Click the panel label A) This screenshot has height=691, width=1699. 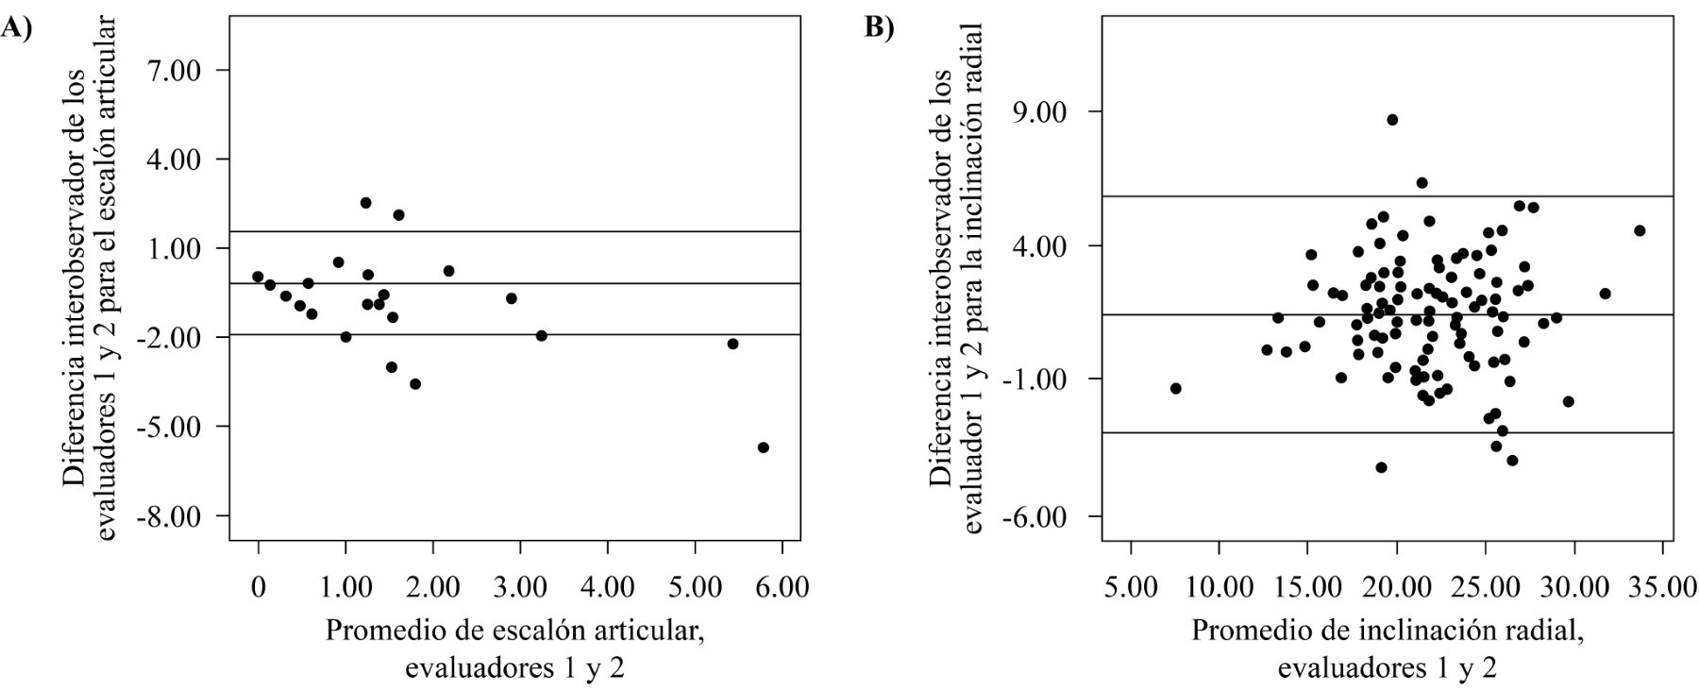(16, 28)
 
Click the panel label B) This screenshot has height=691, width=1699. (880, 28)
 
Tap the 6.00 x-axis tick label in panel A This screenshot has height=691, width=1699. (782, 586)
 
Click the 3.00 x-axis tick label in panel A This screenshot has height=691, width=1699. (520, 586)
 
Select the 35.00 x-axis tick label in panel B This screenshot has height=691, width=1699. (1663, 586)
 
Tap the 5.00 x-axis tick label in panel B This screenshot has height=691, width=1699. (1131, 586)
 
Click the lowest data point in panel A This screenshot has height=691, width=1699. (763, 447)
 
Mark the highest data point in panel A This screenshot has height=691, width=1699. (365, 203)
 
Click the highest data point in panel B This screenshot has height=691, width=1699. (1392, 120)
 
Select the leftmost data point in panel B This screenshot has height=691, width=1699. (1175, 388)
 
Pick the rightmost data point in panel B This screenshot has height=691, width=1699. (1640, 230)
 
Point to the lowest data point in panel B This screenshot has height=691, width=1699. (1381, 467)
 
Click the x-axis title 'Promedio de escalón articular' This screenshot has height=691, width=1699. (515, 631)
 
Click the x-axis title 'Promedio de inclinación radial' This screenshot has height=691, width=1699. (1387, 631)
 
